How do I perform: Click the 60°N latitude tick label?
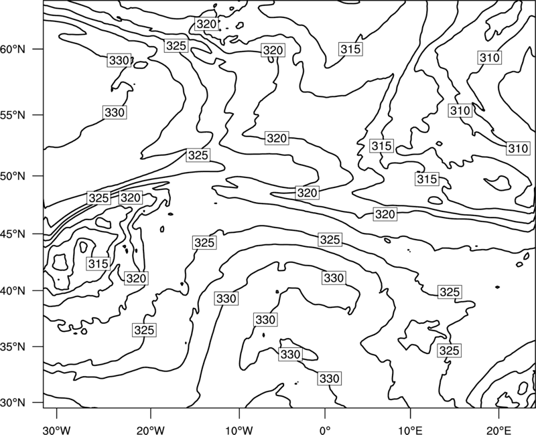(x=13, y=49)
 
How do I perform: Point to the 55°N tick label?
(x=13, y=114)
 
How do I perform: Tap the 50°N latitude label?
(x=13, y=176)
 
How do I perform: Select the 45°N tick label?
(x=13, y=234)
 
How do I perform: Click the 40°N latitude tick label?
(x=13, y=290)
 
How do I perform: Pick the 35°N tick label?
(x=13, y=347)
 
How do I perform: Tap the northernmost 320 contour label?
(x=206, y=24)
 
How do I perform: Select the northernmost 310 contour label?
(x=490, y=58)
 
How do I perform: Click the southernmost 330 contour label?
(x=329, y=378)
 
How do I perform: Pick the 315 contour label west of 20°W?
(x=98, y=264)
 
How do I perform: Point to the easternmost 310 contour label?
(x=518, y=149)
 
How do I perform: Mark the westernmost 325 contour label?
(x=98, y=198)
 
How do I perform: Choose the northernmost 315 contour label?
(x=350, y=49)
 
